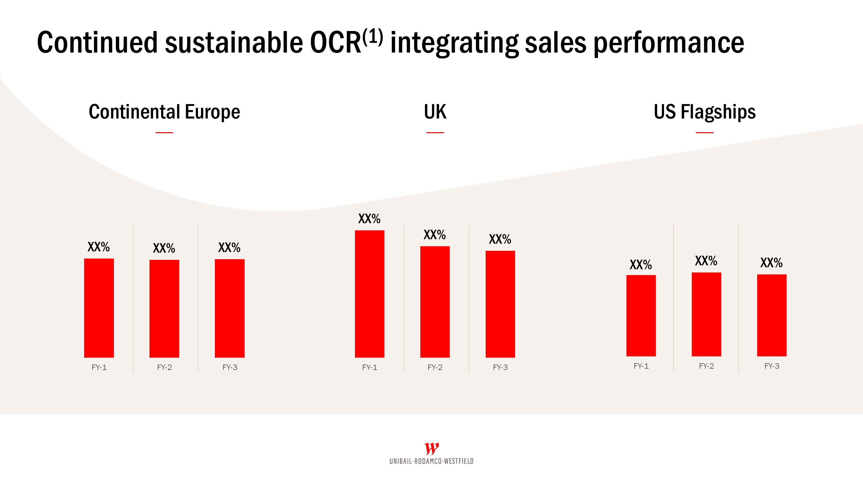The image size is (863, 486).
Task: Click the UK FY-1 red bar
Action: (x=370, y=294)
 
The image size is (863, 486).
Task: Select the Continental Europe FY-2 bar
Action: (x=164, y=308)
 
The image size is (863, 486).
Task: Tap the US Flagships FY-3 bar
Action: (x=771, y=315)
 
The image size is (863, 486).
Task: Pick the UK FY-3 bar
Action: (x=500, y=304)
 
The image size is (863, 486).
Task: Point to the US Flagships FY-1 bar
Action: (x=641, y=316)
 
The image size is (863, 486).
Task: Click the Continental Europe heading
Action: (x=164, y=112)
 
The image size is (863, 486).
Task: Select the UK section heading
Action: (x=435, y=112)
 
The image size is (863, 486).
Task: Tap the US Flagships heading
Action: (x=704, y=112)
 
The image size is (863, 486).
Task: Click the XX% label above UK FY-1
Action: (x=369, y=219)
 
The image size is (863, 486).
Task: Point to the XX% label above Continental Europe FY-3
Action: (x=229, y=248)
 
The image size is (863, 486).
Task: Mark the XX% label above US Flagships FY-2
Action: (x=706, y=261)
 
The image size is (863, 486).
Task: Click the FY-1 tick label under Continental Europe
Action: (x=99, y=367)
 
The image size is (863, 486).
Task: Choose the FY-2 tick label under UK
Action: (x=435, y=367)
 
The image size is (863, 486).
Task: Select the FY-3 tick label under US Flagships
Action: (x=771, y=366)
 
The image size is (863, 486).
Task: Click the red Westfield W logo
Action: (x=432, y=448)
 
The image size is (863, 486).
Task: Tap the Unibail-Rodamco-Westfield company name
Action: (x=432, y=461)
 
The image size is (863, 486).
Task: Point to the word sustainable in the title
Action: (x=234, y=43)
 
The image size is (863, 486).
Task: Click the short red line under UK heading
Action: (x=435, y=133)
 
